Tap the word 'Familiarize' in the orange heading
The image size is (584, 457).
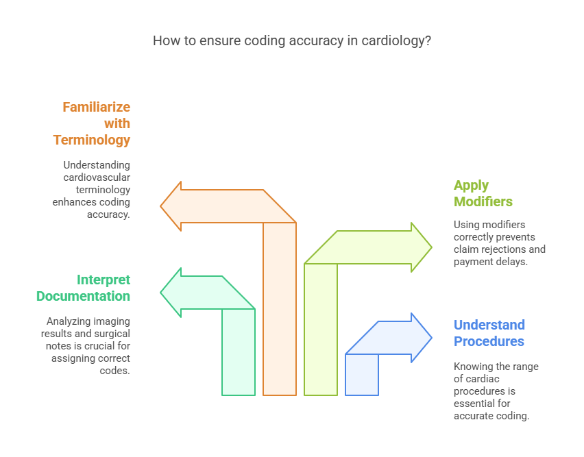96,107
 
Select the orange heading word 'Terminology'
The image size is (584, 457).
92,140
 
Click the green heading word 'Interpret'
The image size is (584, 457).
104,280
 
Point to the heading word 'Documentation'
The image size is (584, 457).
83,296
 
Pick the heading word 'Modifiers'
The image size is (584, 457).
483,201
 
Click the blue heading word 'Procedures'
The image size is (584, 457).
489,341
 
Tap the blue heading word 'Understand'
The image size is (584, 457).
489,325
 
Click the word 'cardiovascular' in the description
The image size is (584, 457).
95,177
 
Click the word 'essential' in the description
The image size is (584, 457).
474,404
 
